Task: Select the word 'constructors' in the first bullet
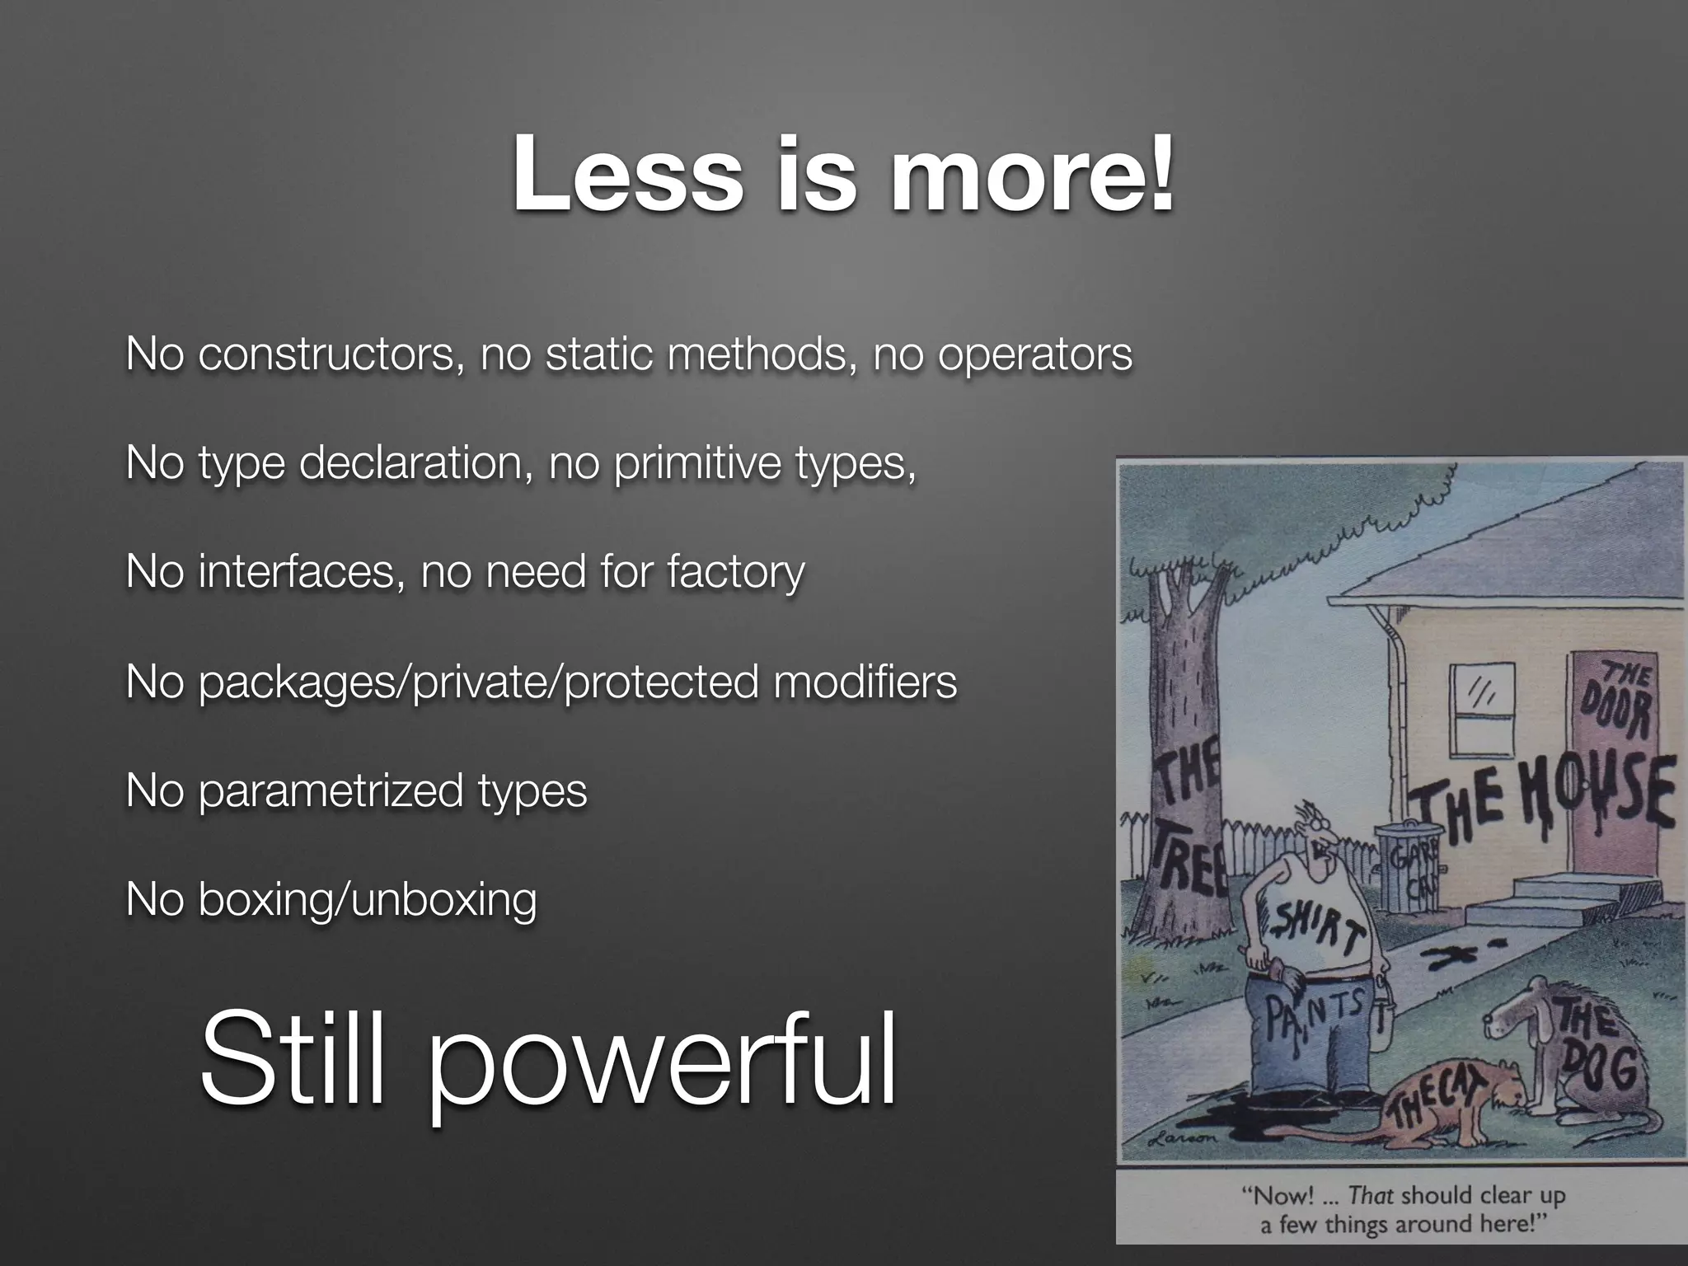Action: click(326, 355)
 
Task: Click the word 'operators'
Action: click(1034, 355)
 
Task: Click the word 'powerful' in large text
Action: click(659, 1063)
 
